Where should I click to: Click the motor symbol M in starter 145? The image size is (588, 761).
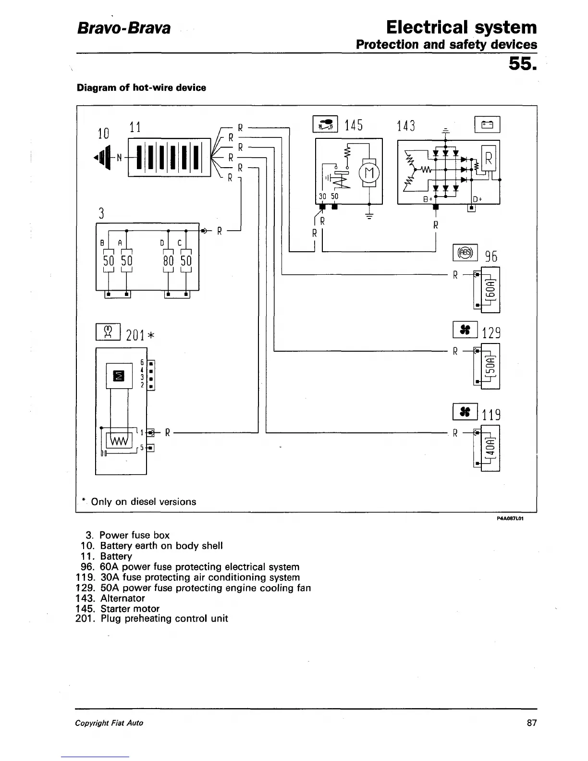pyautogui.click(x=369, y=172)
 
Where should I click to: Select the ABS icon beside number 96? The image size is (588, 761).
pyautogui.click(x=465, y=252)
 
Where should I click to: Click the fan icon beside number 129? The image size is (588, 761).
pyautogui.click(x=465, y=330)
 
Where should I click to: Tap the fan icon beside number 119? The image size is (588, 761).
pyautogui.click(x=465, y=411)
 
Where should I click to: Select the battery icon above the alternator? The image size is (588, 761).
pyautogui.click(x=487, y=124)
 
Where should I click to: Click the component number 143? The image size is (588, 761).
pyautogui.click(x=406, y=126)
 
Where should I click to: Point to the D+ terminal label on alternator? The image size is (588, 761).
pyautogui.click(x=478, y=199)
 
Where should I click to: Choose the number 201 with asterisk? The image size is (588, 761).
pyautogui.click(x=140, y=334)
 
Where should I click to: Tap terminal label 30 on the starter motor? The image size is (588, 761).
pyautogui.click(x=323, y=196)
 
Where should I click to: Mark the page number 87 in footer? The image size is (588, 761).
pyautogui.click(x=531, y=723)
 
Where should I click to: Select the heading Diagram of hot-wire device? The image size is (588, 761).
pyautogui.click(x=141, y=88)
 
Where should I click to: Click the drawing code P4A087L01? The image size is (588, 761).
pyautogui.click(x=510, y=519)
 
